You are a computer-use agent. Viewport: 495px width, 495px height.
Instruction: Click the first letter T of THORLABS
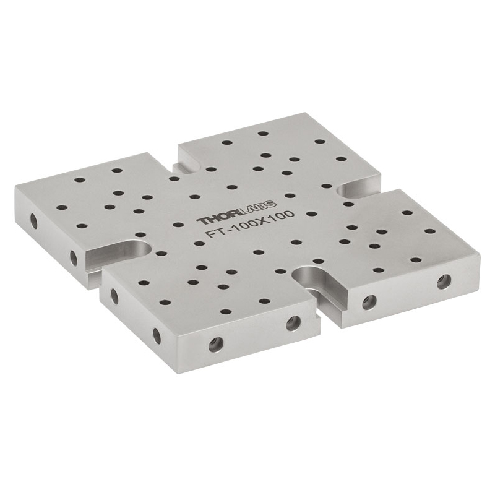click(x=203, y=221)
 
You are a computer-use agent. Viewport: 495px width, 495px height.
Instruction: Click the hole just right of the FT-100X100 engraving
click(x=311, y=213)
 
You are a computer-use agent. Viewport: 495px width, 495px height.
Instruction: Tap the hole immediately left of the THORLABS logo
click(x=178, y=225)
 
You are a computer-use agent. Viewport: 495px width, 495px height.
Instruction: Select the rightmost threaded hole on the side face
click(x=444, y=282)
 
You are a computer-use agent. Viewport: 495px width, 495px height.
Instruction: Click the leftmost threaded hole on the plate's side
click(x=33, y=221)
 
